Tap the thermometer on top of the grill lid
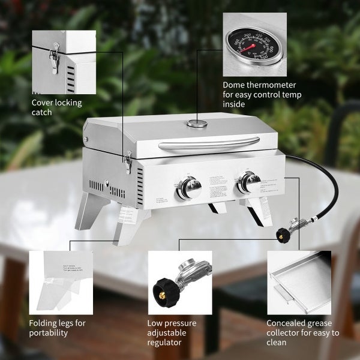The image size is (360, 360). (x=196, y=124)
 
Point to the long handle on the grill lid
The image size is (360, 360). (x=209, y=143)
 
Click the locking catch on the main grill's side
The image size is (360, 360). (x=128, y=162)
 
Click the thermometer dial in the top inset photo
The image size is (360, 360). (x=253, y=46)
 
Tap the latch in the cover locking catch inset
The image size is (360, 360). (x=55, y=58)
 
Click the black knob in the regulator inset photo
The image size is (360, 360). (x=164, y=292)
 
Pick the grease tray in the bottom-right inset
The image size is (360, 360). (x=298, y=280)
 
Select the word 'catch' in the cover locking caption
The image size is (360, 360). (x=42, y=112)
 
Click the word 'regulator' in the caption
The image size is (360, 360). (x=166, y=343)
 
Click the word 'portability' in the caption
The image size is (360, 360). (x=49, y=333)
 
